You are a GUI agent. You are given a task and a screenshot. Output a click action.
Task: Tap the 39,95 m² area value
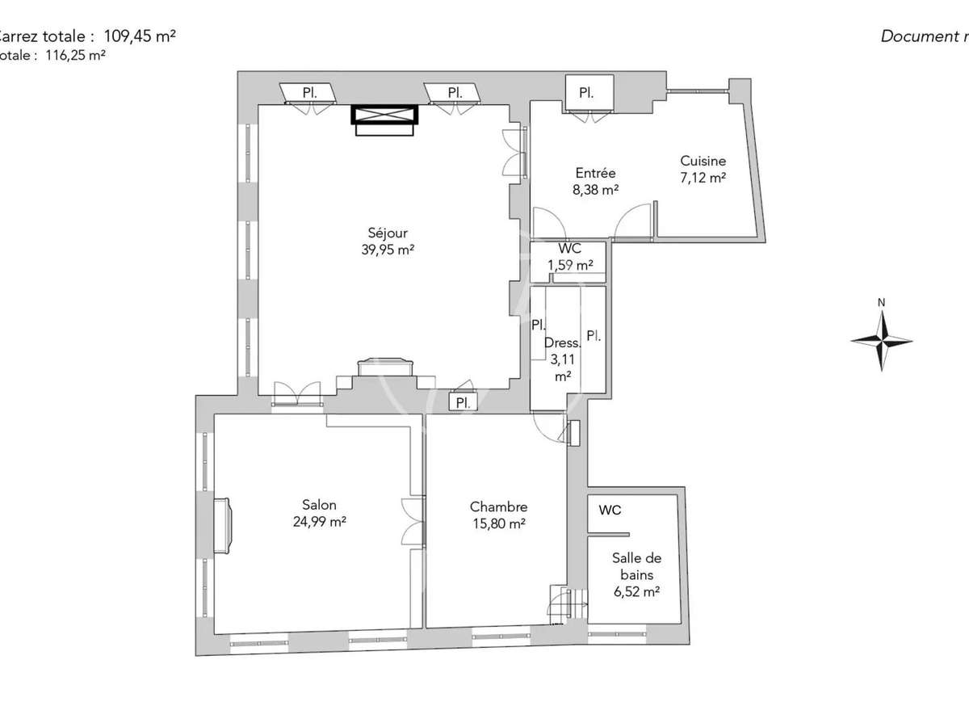388,250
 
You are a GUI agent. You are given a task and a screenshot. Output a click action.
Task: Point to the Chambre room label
498,506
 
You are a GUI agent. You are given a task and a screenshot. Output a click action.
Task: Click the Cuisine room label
703,161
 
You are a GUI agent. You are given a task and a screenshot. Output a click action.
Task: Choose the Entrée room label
595,173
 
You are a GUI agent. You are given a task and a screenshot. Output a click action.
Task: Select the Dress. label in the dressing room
563,342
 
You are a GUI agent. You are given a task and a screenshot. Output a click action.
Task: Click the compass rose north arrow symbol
882,340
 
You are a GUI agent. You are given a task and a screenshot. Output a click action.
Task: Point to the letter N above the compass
882,303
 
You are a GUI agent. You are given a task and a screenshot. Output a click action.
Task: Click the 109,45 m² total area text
140,36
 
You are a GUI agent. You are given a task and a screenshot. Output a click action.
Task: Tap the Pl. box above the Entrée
587,93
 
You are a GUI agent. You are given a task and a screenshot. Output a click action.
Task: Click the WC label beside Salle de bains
610,511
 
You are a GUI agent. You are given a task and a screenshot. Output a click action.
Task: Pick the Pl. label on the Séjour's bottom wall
463,401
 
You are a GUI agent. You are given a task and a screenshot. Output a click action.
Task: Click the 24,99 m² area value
320,522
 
